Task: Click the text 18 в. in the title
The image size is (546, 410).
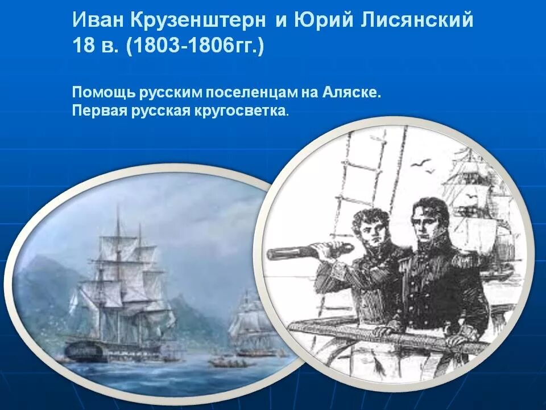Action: (96, 46)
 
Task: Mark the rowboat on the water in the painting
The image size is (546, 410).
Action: (225, 362)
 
